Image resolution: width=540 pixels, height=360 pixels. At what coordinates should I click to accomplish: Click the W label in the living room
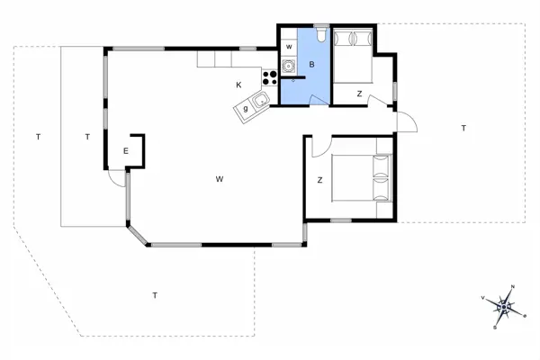(219, 179)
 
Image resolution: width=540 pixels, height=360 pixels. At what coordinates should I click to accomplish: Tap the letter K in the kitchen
(238, 85)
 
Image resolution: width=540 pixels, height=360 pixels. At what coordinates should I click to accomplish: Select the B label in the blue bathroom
(311, 65)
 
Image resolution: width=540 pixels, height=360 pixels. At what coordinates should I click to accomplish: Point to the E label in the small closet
(126, 151)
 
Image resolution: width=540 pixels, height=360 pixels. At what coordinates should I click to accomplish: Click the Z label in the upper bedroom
(359, 94)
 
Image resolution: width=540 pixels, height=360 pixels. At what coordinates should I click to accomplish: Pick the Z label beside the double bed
(319, 181)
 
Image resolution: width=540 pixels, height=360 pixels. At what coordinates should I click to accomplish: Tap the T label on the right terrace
(463, 128)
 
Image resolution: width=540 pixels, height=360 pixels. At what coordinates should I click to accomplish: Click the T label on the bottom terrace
(155, 295)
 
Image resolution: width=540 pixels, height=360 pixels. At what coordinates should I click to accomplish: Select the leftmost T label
(38, 137)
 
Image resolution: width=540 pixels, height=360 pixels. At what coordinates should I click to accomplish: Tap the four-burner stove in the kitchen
(269, 77)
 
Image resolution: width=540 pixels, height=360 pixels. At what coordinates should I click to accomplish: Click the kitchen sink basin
(261, 101)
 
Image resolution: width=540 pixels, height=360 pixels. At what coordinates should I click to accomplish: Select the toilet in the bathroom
(322, 36)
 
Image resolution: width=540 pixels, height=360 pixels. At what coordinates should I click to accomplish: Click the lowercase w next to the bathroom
(289, 46)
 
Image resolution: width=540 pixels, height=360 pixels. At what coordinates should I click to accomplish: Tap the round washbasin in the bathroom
(289, 65)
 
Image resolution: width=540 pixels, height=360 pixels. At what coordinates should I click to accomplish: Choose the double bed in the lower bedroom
(364, 177)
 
